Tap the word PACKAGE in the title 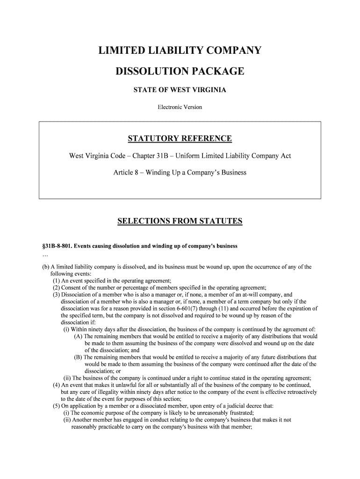219,72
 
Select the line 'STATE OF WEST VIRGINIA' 180,90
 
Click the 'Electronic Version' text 180,107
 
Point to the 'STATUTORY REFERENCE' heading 180,139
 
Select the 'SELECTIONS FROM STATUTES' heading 180,221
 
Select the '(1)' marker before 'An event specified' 57,281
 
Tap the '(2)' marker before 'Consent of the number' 57,288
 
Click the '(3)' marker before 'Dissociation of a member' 57,295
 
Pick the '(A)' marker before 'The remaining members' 79,336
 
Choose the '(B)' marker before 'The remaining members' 79,357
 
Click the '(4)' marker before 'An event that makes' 57,385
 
